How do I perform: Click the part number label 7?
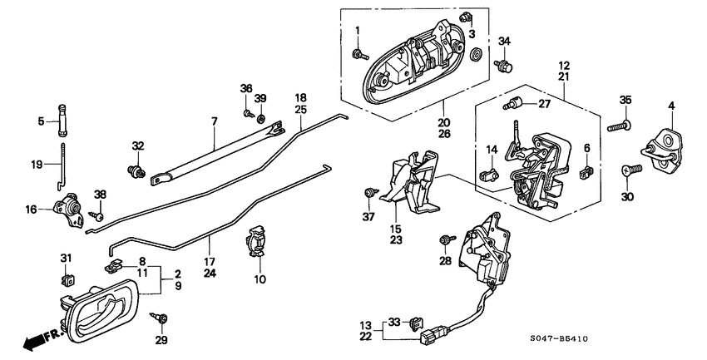[x=214, y=121]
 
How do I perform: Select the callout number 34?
[x=504, y=42]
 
